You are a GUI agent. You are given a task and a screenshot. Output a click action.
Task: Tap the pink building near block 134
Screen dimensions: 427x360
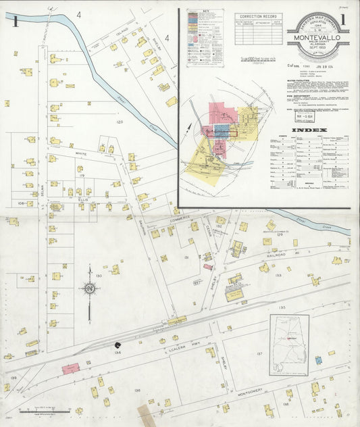(x=70, y=368)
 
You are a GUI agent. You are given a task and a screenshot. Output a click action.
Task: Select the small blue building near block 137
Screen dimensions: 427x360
(x=318, y=361)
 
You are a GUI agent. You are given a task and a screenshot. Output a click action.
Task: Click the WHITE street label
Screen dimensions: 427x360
(x=72, y=155)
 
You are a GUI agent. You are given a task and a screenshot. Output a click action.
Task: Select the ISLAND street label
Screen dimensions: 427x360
(x=122, y=31)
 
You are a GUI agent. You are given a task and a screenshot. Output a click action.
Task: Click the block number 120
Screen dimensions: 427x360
(x=119, y=122)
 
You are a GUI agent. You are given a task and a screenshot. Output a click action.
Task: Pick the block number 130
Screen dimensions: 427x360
(x=99, y=276)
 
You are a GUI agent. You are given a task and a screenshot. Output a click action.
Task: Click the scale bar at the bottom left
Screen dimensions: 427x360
(x=37, y=410)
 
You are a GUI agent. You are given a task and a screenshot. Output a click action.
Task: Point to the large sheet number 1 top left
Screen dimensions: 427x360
(x=15, y=21)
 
